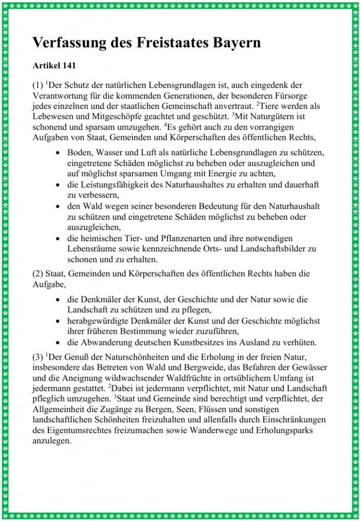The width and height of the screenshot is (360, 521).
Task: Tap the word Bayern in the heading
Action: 233,43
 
